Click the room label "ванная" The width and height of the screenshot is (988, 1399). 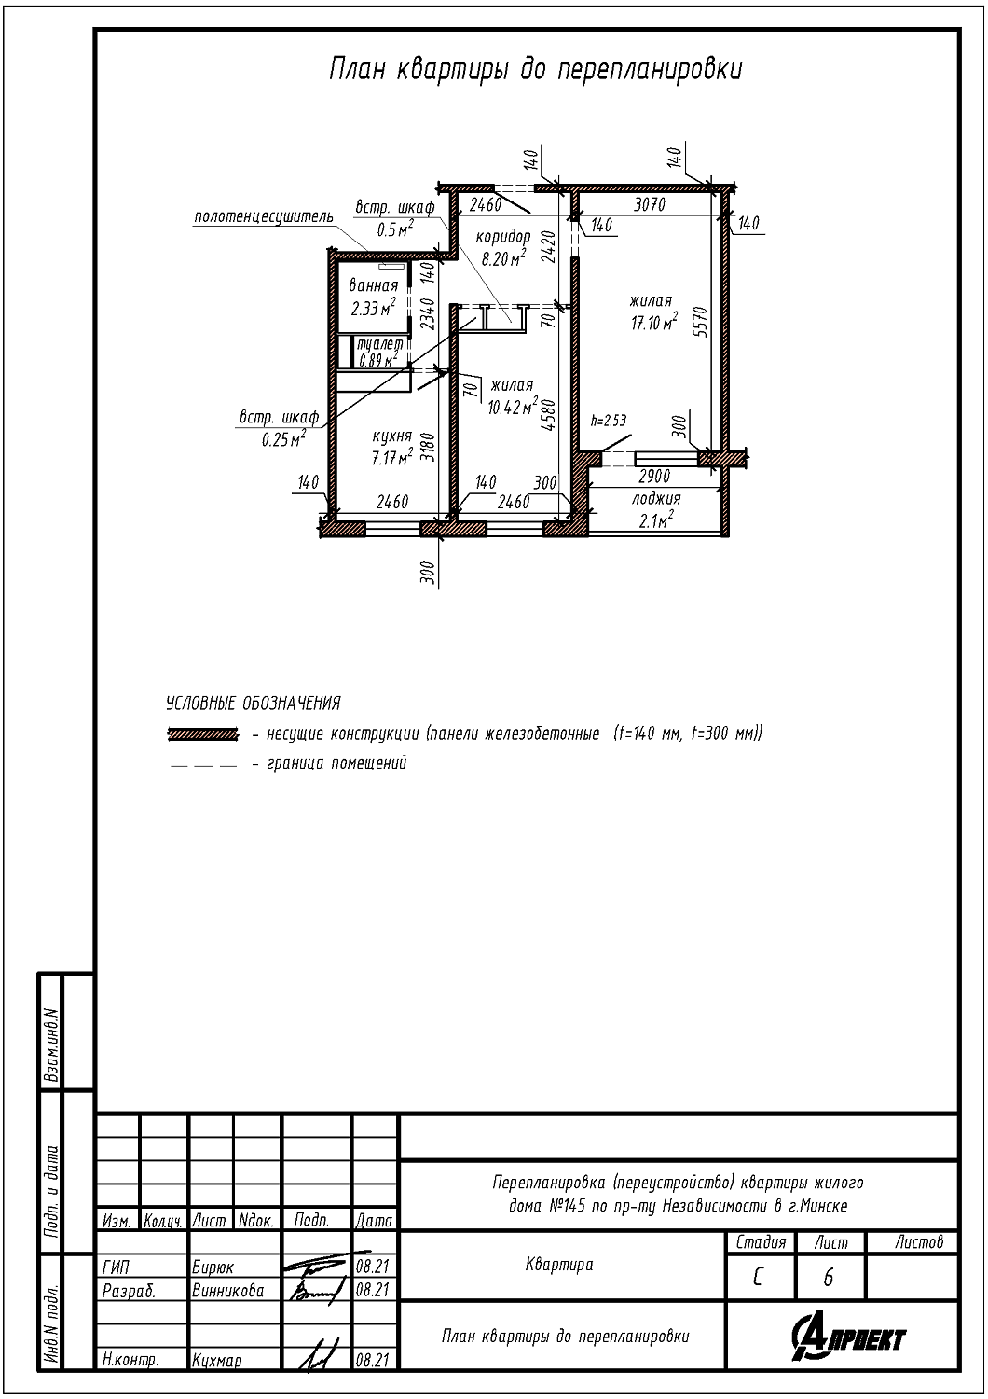[x=373, y=286]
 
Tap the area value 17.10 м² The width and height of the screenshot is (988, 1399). [x=654, y=323]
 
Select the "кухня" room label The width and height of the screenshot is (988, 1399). [x=392, y=436]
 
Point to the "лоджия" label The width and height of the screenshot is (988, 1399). [x=656, y=498]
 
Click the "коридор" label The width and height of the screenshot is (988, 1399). [x=503, y=237]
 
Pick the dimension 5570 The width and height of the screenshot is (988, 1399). [x=703, y=322]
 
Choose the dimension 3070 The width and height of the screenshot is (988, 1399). [x=650, y=204]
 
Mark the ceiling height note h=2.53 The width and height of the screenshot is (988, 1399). [x=609, y=421]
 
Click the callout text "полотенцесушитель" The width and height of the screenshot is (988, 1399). [x=264, y=216]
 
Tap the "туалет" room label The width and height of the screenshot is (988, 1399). [x=379, y=344]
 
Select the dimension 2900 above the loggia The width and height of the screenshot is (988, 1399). [x=653, y=477]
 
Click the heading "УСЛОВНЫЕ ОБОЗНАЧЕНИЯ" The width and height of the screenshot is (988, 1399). [x=254, y=703]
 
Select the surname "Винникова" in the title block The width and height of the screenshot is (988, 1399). [x=228, y=1290]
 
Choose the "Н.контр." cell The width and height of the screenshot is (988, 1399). [x=130, y=1360]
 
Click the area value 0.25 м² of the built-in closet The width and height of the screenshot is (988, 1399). [x=284, y=439]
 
